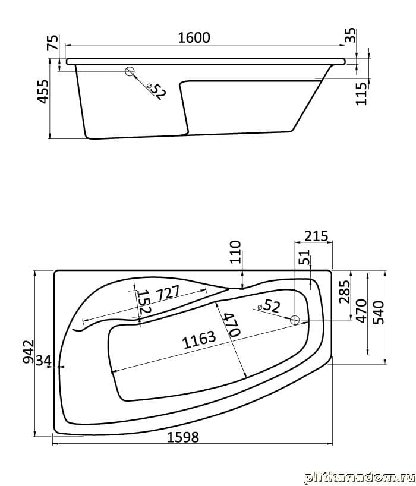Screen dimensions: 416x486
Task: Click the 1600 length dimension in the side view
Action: (x=194, y=38)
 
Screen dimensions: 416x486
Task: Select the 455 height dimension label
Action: (x=43, y=91)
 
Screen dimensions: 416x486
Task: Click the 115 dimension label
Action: (x=361, y=94)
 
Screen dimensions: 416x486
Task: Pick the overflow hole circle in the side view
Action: (x=130, y=72)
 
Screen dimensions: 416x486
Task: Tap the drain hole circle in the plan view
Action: (x=295, y=320)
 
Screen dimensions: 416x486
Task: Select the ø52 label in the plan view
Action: (x=269, y=307)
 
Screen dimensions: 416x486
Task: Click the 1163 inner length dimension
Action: (x=199, y=340)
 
